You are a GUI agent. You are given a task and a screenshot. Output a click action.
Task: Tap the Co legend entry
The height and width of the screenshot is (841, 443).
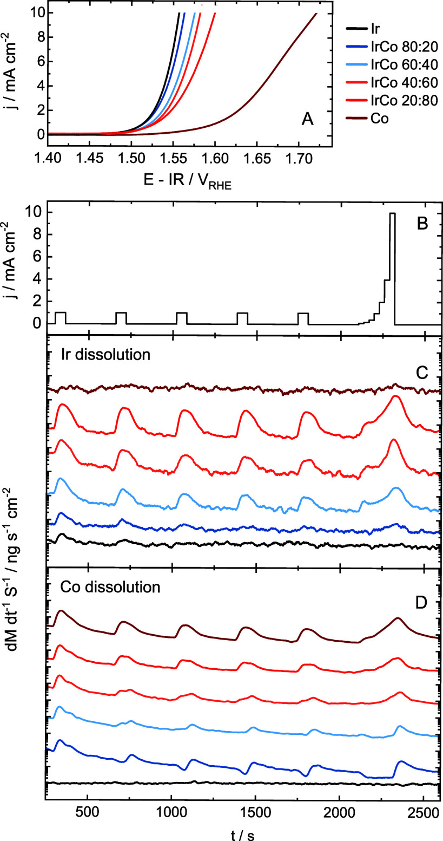point(367,119)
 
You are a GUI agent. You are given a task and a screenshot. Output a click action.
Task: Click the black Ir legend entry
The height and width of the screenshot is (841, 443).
point(362,29)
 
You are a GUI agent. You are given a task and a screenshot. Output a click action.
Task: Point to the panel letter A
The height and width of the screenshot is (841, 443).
point(307,119)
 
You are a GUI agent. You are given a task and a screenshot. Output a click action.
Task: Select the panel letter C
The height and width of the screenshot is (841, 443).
point(422,373)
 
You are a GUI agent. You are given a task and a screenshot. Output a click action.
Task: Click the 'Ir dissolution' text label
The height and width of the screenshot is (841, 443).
point(105,354)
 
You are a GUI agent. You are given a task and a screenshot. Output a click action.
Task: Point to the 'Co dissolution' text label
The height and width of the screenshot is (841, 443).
point(110,587)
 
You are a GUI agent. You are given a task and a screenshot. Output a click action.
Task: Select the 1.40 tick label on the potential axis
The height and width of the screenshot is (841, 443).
point(48,159)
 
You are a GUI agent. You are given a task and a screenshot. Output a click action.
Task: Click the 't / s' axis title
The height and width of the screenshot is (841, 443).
point(242,835)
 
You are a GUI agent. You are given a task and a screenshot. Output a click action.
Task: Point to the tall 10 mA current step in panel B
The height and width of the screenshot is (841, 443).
point(392,269)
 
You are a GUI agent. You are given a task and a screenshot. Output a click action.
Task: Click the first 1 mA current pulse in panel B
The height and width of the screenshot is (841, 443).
point(61,312)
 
